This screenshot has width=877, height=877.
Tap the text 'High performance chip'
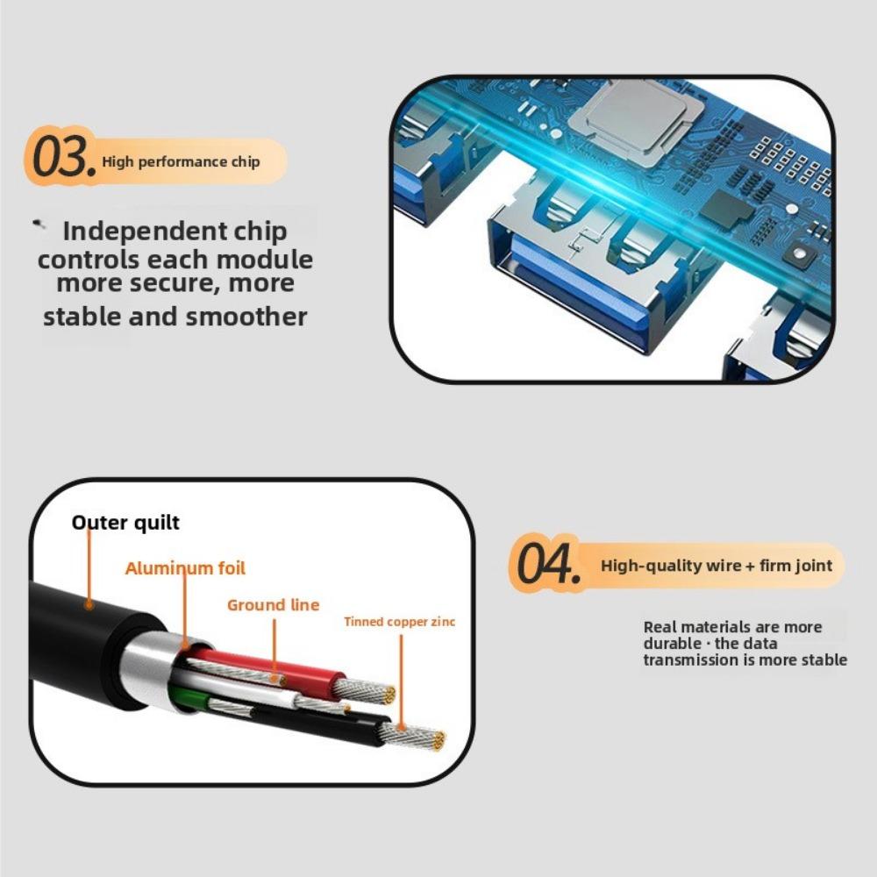[x=181, y=161]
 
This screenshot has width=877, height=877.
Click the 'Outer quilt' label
[x=125, y=523]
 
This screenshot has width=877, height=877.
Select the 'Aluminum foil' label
[x=185, y=568]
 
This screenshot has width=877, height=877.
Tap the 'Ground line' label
[x=273, y=605]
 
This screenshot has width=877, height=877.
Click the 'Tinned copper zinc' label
[x=399, y=622]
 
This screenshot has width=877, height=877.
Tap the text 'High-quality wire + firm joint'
[x=717, y=566]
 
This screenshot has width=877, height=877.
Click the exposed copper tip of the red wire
[x=368, y=693]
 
